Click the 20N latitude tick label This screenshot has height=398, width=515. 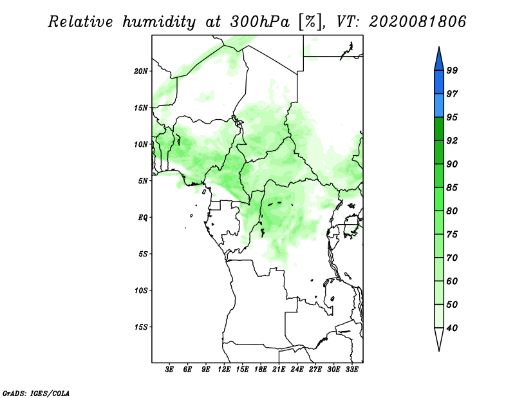click(141, 71)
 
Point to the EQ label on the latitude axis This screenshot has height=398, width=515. click(142, 218)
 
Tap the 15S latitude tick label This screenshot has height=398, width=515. click(141, 327)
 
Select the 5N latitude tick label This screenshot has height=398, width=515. click(143, 181)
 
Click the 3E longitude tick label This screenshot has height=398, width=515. click(169, 370)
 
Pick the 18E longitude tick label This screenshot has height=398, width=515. click(261, 370)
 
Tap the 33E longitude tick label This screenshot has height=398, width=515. click(351, 370)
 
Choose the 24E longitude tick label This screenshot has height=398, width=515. click(297, 370)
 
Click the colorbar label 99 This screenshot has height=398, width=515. click(452, 70)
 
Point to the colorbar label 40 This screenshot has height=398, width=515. click(452, 328)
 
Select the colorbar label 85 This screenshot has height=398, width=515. click(452, 187)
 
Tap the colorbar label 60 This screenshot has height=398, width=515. click(452, 281)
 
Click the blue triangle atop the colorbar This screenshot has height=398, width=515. click(439, 61)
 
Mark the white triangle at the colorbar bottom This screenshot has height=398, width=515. click(439, 337)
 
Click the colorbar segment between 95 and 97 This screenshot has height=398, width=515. click(439, 106)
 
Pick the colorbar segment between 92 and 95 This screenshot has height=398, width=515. click(439, 129)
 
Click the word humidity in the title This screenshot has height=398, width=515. click(159, 23)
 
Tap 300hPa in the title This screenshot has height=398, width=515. click(260, 22)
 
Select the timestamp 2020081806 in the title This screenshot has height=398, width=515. click(417, 22)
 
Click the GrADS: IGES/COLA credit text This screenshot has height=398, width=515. click(36, 393)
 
